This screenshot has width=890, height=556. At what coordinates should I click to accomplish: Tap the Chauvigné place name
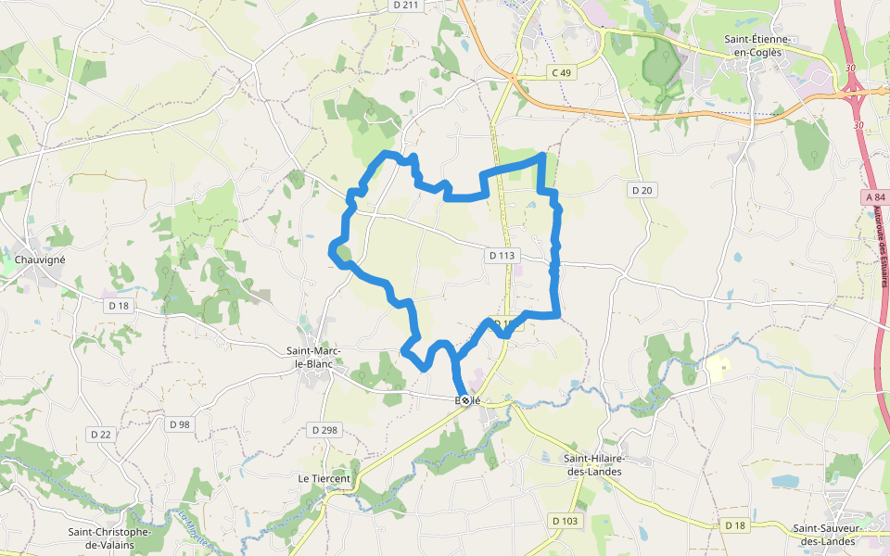(39, 259)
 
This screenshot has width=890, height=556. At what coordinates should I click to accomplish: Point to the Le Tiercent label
(324, 478)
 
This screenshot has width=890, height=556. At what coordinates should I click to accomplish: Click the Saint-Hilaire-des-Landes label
(593, 465)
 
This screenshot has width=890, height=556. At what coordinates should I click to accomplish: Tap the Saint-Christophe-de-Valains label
(109, 538)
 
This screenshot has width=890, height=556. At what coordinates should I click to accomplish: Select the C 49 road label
(562, 72)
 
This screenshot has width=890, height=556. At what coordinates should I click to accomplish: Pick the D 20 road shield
(642, 190)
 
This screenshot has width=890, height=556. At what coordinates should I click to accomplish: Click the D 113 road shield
(501, 255)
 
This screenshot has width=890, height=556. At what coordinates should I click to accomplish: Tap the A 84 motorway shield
(873, 197)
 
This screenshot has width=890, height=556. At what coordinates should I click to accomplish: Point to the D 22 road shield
(101, 434)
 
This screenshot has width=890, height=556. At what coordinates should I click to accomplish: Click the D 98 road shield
(180, 424)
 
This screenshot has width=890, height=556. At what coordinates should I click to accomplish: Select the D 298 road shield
(324, 430)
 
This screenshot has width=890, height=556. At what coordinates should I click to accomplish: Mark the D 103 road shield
(565, 522)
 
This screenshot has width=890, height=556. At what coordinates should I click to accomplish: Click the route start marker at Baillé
(466, 400)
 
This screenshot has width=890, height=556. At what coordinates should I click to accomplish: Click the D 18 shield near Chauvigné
(118, 305)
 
